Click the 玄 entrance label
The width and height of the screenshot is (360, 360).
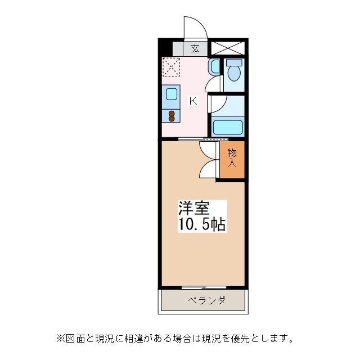pos(194,48)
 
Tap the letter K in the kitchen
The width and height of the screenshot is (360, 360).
pos(192,101)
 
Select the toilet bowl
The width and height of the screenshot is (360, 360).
pos(234,71)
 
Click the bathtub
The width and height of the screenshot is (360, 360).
pos(227,126)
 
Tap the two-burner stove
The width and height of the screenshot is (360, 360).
pos(172,115)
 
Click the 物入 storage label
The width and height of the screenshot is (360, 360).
pos(232,157)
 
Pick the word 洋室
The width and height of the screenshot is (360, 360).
pos(194,208)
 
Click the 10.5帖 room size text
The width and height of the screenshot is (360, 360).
pos(202,225)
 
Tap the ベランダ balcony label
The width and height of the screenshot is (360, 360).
pos(206,300)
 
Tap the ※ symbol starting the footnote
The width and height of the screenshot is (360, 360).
pos(61,339)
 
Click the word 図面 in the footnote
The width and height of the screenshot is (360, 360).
pos(75,339)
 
